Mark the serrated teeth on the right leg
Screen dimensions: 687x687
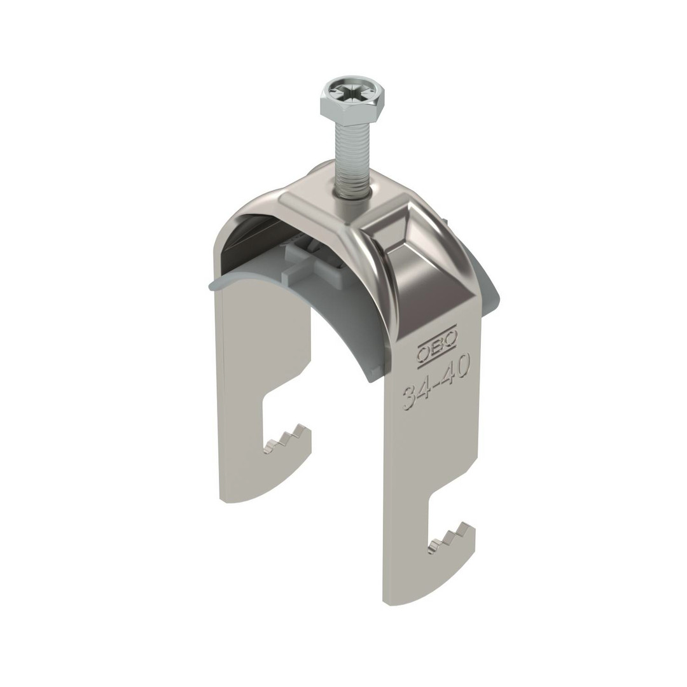[452, 534]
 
